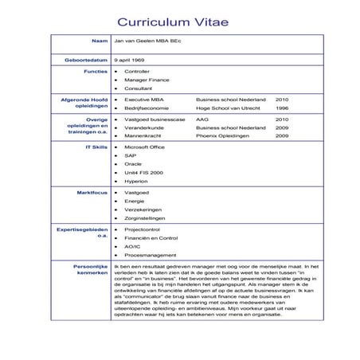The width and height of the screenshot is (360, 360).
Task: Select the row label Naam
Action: tap(100, 39)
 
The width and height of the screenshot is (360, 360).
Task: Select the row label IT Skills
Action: tap(96, 147)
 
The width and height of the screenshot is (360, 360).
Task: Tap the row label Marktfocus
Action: tap(92, 192)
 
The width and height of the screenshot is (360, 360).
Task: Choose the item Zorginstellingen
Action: tap(144, 217)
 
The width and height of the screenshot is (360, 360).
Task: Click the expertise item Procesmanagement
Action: tap(150, 255)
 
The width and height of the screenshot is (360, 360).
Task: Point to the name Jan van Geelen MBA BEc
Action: tap(152, 39)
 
